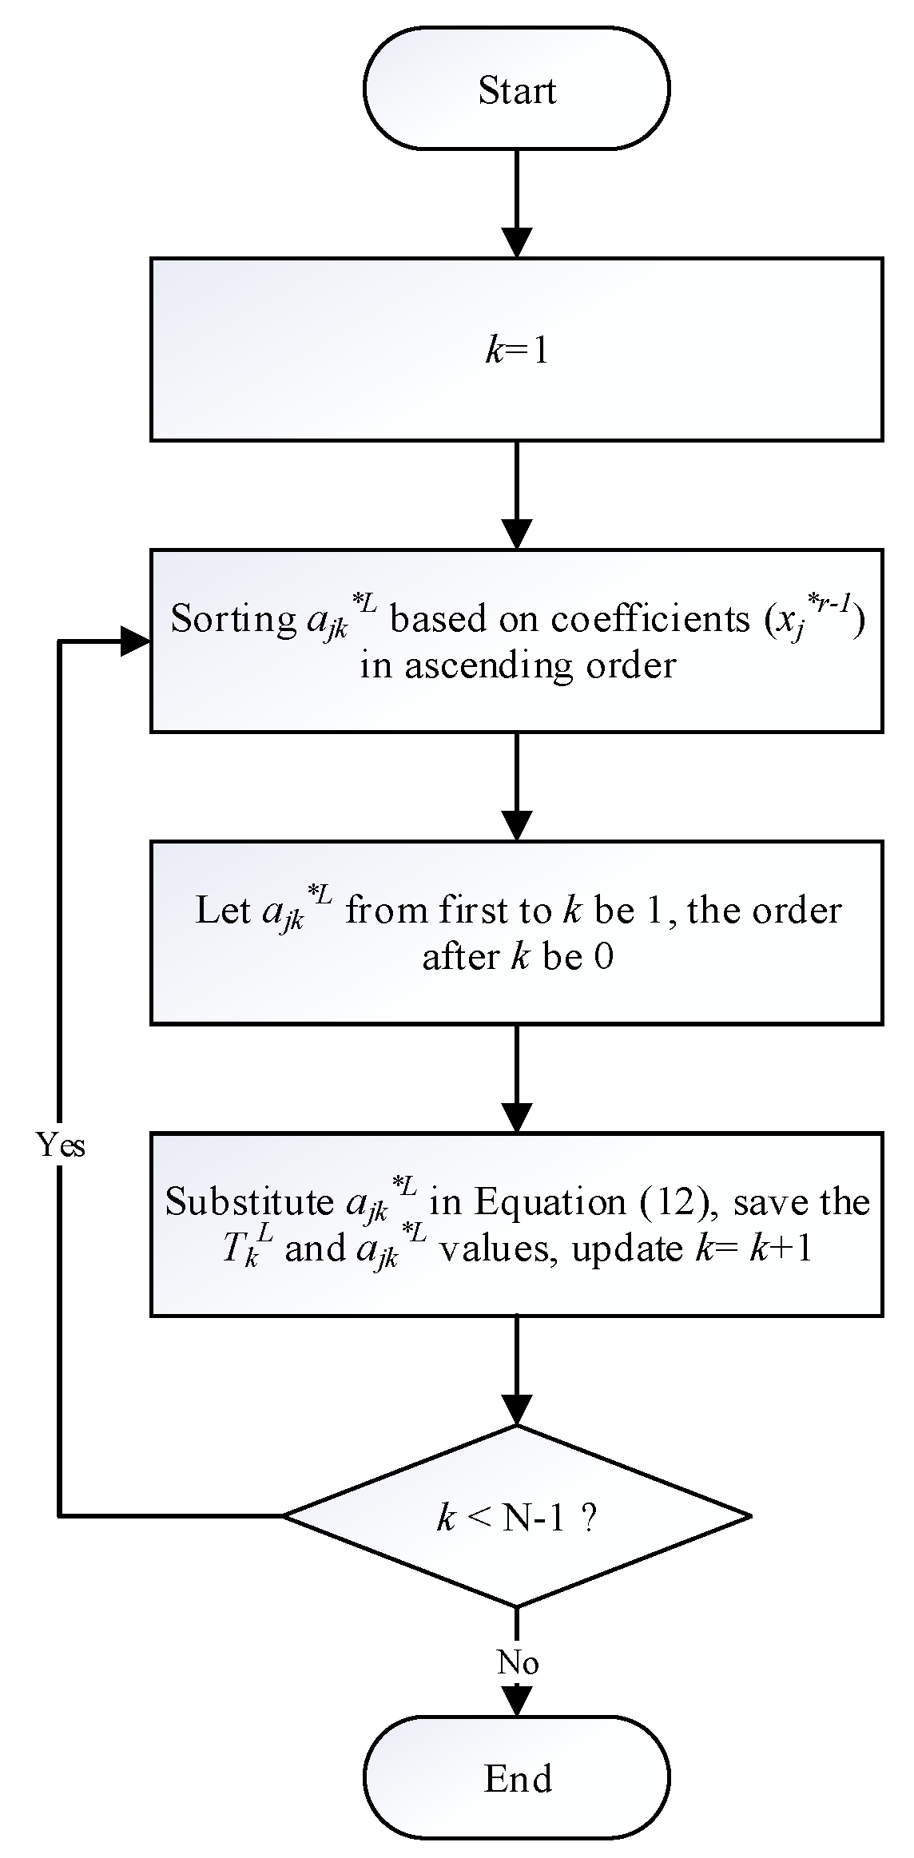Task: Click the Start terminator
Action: (x=516, y=89)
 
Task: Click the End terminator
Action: (x=516, y=1778)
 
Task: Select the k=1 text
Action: (x=517, y=351)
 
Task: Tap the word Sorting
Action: (x=233, y=620)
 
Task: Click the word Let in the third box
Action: (x=223, y=911)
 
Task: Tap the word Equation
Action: (x=550, y=1202)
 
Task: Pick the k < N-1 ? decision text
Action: (x=517, y=1517)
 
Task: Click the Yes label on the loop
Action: (x=61, y=1145)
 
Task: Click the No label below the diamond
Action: (x=517, y=1662)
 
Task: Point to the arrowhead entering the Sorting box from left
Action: (x=134, y=641)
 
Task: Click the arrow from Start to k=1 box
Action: (x=517, y=204)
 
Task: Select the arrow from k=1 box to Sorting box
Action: (x=517, y=495)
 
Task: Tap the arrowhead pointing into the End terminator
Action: (x=517, y=1700)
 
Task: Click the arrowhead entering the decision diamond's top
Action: (x=517, y=1409)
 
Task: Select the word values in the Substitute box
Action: (x=495, y=1249)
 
